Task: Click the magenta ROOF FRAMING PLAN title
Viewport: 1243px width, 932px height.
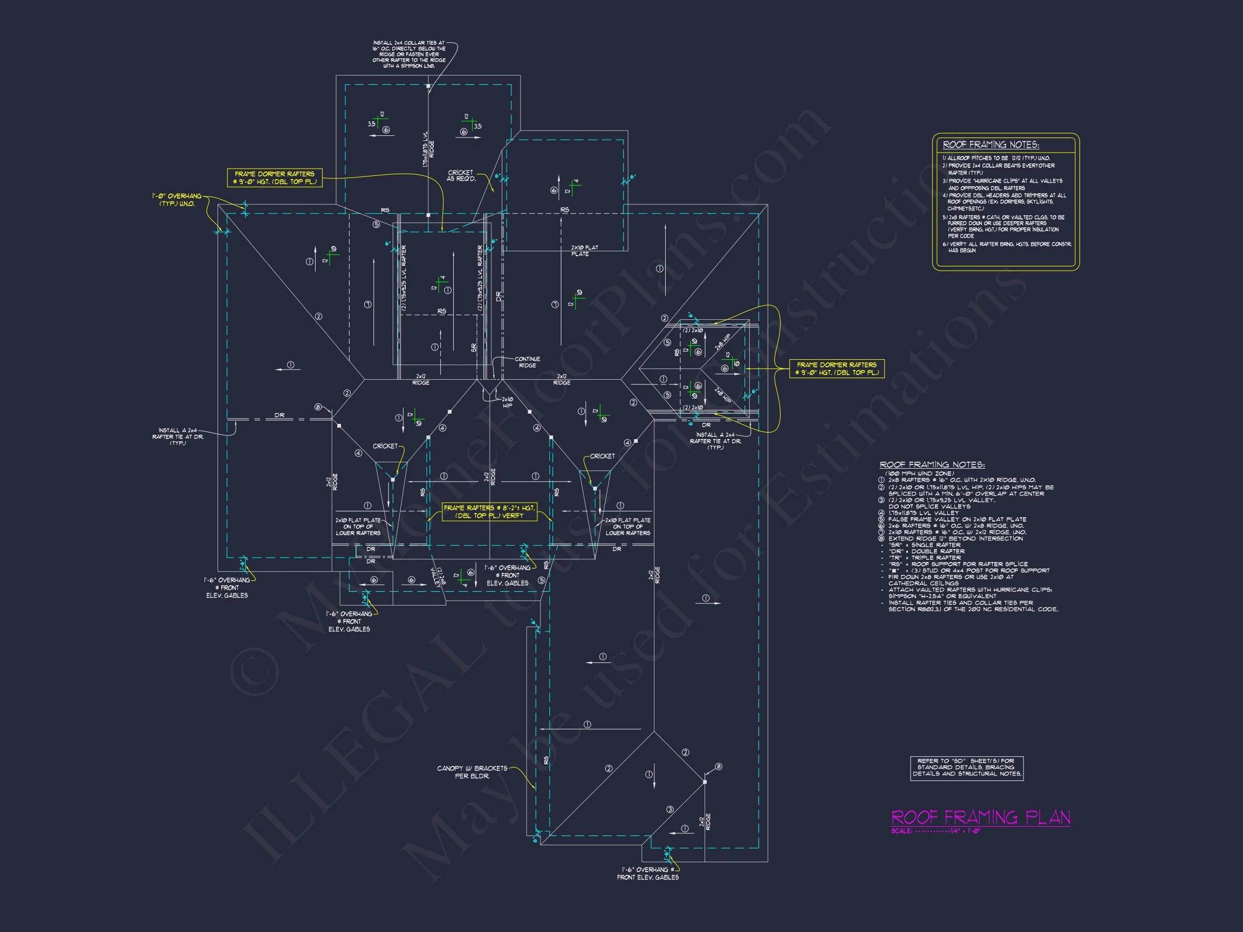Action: coord(981,818)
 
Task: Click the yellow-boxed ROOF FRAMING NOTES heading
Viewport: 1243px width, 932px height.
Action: coord(991,145)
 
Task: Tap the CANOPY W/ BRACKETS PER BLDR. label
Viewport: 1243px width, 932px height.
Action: coord(472,772)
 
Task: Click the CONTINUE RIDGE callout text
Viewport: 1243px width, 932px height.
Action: coord(527,362)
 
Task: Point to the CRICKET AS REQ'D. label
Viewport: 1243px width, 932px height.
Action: coord(461,176)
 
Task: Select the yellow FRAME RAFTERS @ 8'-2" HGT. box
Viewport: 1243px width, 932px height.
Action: coord(489,512)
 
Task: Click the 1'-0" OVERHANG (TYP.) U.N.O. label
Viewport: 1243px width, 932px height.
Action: coord(176,200)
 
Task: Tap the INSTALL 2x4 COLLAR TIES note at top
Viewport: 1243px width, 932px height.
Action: coord(408,54)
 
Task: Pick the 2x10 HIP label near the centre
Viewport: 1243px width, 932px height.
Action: coord(507,402)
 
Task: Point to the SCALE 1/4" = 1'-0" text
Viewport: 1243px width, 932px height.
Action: coord(935,832)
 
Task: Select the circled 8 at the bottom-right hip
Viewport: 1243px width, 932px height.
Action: coord(718,767)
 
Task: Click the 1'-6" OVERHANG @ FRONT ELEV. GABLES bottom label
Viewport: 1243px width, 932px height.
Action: coord(647,874)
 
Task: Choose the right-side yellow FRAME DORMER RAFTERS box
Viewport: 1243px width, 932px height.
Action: coord(836,368)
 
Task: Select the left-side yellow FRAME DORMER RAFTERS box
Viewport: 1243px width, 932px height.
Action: coord(274,177)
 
